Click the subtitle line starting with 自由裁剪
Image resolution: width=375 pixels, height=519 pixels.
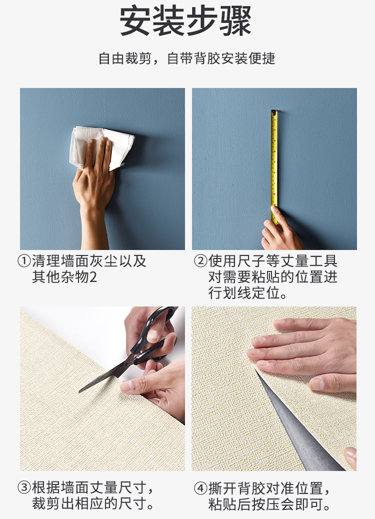click(x=187, y=58)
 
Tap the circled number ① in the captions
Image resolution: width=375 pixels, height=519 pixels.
click(x=24, y=261)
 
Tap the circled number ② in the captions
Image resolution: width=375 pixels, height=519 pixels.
click(x=200, y=261)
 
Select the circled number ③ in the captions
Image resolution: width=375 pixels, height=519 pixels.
click(x=24, y=488)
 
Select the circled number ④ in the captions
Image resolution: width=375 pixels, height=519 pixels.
click(x=200, y=488)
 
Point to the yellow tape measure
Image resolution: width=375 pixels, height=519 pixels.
click(x=274, y=165)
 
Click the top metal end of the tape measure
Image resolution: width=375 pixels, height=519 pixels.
click(x=274, y=112)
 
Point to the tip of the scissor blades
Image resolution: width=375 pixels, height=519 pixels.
click(x=79, y=392)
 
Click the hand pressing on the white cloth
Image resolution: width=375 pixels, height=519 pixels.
click(x=94, y=178)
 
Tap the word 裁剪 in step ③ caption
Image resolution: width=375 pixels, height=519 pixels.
click(x=46, y=503)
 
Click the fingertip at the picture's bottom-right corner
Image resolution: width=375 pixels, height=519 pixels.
click(x=351, y=458)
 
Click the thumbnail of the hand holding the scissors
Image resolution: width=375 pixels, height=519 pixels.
click(x=152, y=335)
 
